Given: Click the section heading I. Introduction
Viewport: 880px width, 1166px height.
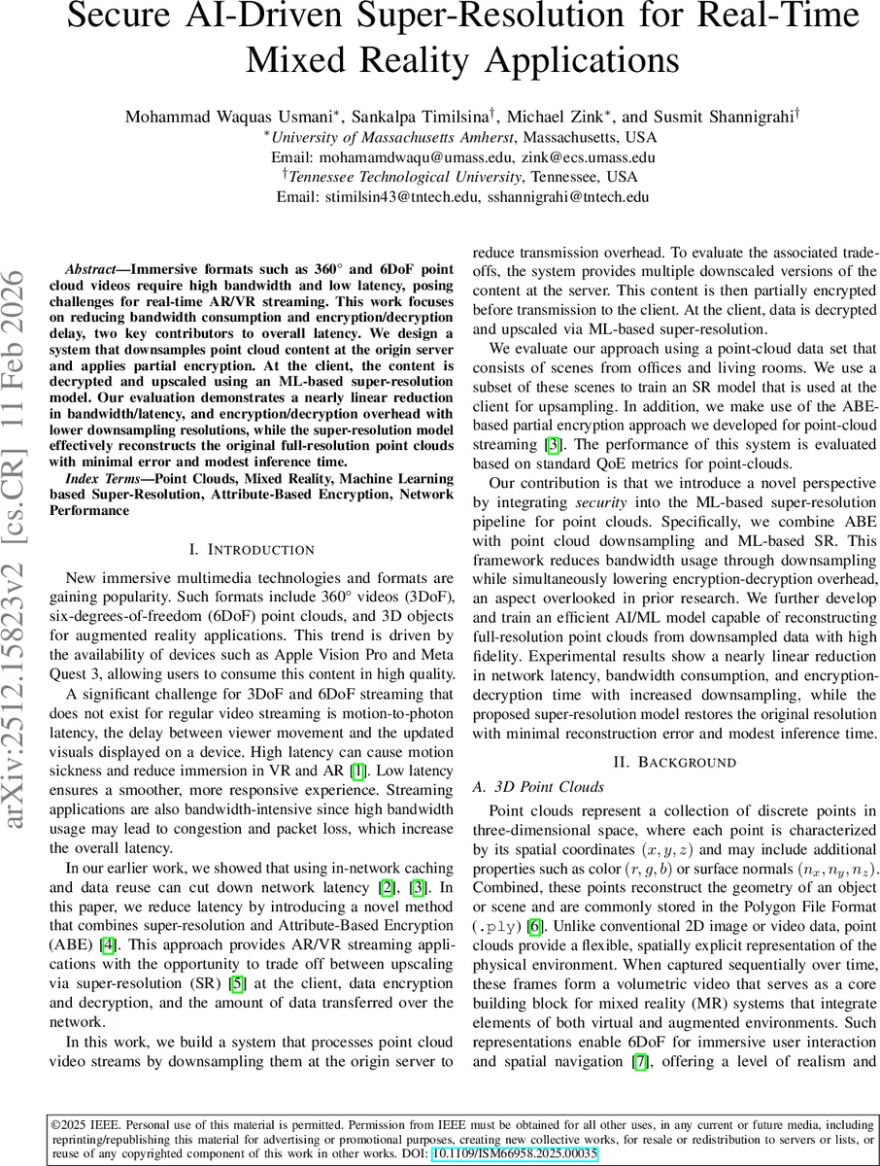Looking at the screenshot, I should (252, 550).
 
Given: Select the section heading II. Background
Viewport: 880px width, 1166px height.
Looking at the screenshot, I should (675, 762).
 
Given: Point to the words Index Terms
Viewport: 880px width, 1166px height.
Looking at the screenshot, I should (100, 479).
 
